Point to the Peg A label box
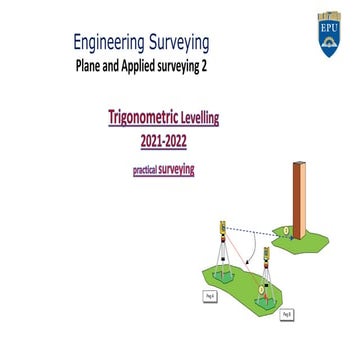(x=210, y=297)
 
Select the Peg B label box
(x=287, y=314)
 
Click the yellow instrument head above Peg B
(x=266, y=256)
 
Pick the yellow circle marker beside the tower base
(x=284, y=231)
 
